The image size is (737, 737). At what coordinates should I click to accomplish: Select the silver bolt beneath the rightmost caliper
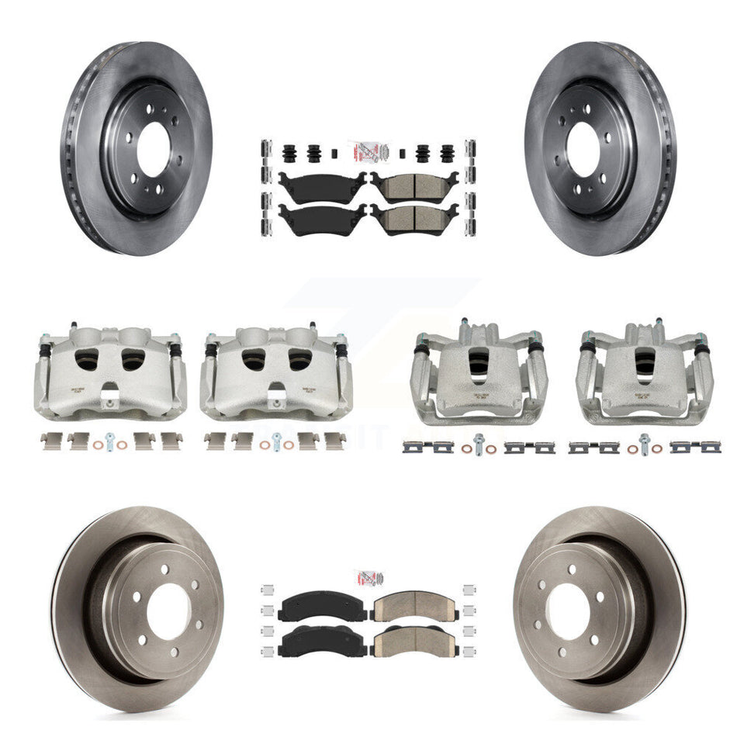(x=643, y=445)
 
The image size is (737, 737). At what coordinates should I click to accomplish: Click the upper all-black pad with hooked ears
(x=321, y=185)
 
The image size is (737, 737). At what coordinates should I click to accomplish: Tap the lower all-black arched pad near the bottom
(x=323, y=641)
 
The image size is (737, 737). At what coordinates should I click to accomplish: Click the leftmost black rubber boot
(x=292, y=152)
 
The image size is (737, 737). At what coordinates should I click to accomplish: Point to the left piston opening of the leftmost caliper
(x=87, y=358)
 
